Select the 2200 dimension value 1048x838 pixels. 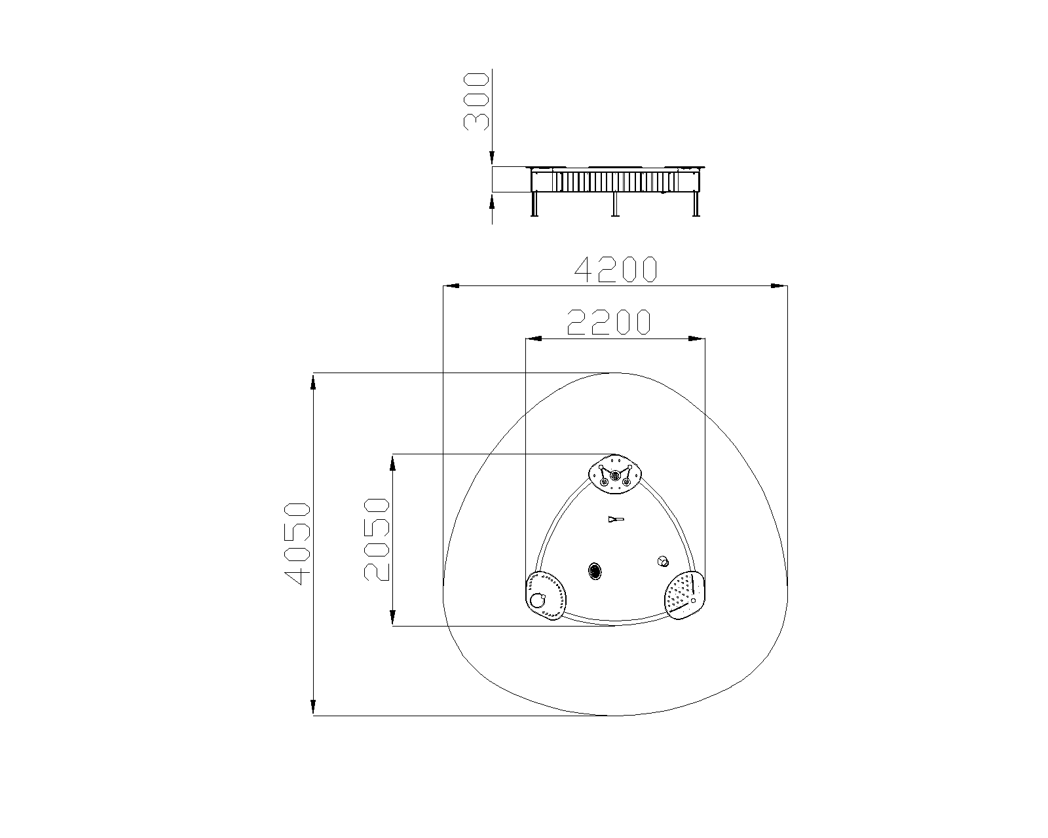(x=609, y=322)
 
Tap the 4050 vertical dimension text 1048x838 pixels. (x=297, y=543)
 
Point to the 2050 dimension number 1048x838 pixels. (x=377, y=539)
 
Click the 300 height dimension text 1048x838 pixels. (x=476, y=101)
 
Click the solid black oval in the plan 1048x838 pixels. (x=595, y=571)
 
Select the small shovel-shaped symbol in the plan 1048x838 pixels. (x=616, y=520)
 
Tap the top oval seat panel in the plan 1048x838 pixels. (x=616, y=474)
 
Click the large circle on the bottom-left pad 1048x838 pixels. (x=537, y=600)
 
